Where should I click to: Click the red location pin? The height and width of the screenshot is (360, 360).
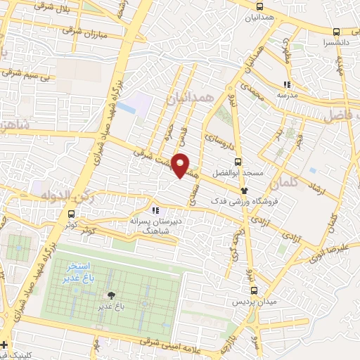[181, 165]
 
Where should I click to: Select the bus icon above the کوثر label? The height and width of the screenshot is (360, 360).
[71, 214]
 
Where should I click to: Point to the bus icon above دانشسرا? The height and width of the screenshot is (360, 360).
[336, 32]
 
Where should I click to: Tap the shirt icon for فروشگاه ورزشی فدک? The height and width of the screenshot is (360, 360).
[244, 190]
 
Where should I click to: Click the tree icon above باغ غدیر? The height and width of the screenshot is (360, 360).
[110, 295]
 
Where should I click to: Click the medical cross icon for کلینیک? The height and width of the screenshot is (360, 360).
[5, 345]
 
